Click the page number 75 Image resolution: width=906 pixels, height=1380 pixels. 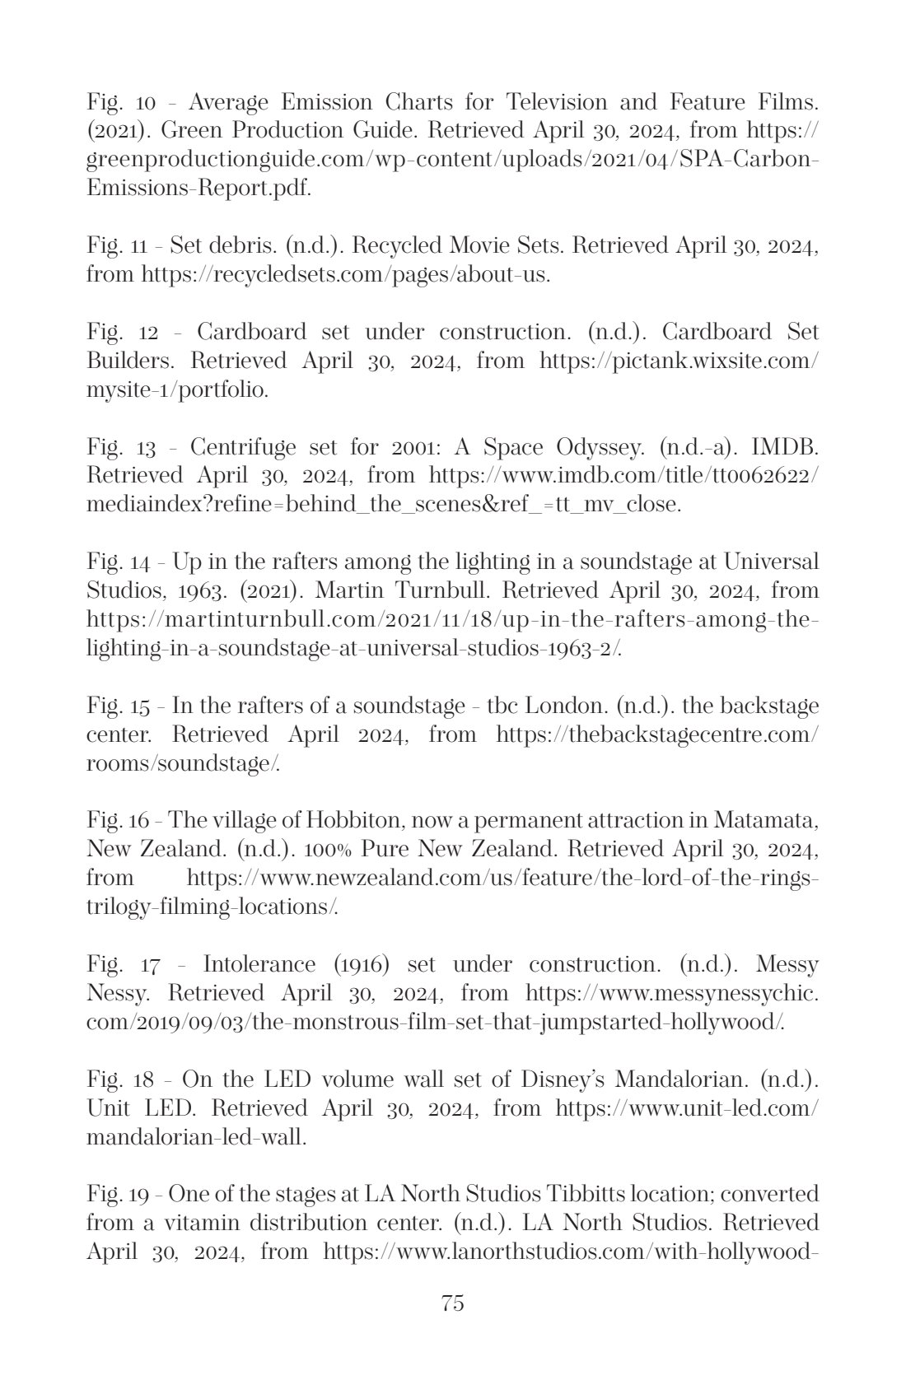[x=453, y=1303]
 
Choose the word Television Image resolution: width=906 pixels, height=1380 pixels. [x=573, y=102]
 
